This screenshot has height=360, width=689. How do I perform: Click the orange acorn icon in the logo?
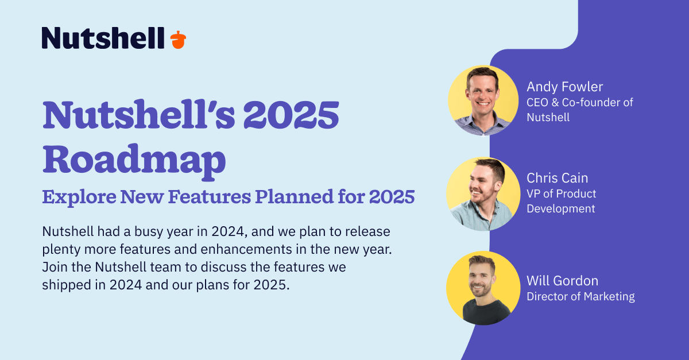pyautogui.click(x=178, y=40)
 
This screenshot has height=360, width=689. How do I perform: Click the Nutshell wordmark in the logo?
pyautogui.click(x=103, y=38)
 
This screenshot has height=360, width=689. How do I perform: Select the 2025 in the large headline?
pyautogui.click(x=291, y=114)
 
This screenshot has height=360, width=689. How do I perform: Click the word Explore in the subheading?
pyautogui.click(x=79, y=198)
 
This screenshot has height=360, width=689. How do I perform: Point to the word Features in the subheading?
pyautogui.click(x=210, y=196)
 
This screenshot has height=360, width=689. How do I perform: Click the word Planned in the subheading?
pyautogui.click(x=295, y=196)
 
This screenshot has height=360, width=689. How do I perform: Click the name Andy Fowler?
pyautogui.click(x=565, y=87)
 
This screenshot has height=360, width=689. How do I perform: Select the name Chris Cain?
pyautogui.click(x=558, y=178)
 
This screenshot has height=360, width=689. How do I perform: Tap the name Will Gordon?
pyautogui.click(x=563, y=281)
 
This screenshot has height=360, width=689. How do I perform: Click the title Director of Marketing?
pyautogui.click(x=580, y=297)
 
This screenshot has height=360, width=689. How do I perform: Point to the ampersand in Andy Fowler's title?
pyautogui.click(x=555, y=103)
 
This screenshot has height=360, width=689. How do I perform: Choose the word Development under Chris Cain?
pyautogui.click(x=561, y=209)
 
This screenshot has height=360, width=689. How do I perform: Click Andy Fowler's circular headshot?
pyautogui.click(x=483, y=100)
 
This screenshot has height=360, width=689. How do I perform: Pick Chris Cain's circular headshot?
pyautogui.click(x=483, y=194)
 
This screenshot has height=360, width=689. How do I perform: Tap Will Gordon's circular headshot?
pyautogui.click(x=483, y=288)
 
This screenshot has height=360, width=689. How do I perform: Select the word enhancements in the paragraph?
pyautogui.click(x=246, y=249)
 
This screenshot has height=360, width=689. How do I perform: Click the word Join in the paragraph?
pyautogui.click(x=55, y=267)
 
